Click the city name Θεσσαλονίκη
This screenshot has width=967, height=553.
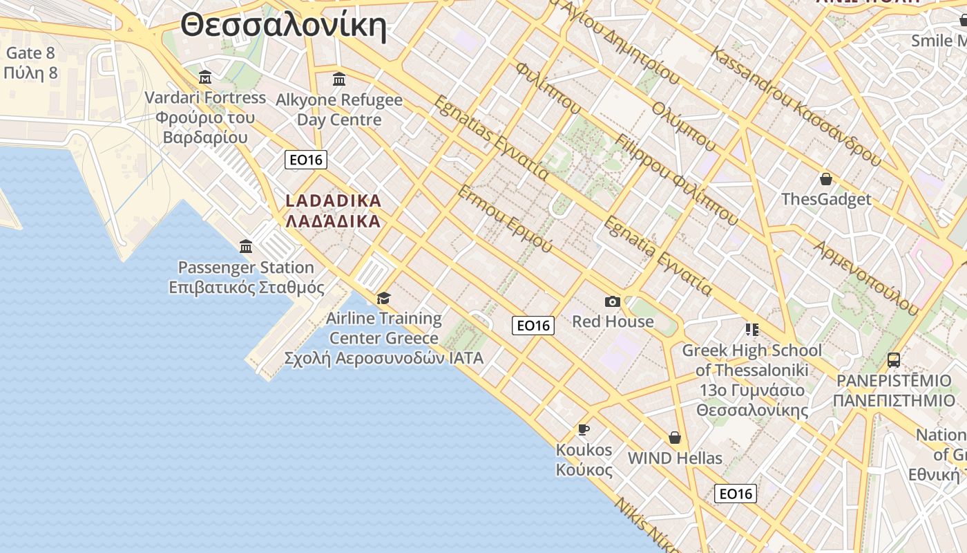pyautogui.click(x=283, y=26)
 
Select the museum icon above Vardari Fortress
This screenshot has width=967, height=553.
pyautogui.click(x=204, y=77)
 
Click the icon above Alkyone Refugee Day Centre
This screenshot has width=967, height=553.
pyautogui.click(x=339, y=79)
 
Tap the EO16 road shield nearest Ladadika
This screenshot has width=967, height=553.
pyautogui.click(x=306, y=160)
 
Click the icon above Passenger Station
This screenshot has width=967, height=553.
pyautogui.click(x=246, y=246)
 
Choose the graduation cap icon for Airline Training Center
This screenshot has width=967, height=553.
pyautogui.click(x=383, y=298)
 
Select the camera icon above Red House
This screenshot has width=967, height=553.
pyautogui.click(x=613, y=301)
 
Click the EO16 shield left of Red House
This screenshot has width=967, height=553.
pyautogui.click(x=533, y=325)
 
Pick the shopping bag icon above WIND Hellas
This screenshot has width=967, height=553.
pyautogui.click(x=675, y=438)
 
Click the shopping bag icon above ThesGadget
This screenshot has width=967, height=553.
pyautogui.click(x=825, y=180)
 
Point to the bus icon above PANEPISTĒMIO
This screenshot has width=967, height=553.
pyautogui.click(x=894, y=359)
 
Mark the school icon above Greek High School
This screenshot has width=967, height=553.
pyautogui.click(x=751, y=330)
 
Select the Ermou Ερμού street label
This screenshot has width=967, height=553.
pyautogui.click(x=505, y=219)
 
